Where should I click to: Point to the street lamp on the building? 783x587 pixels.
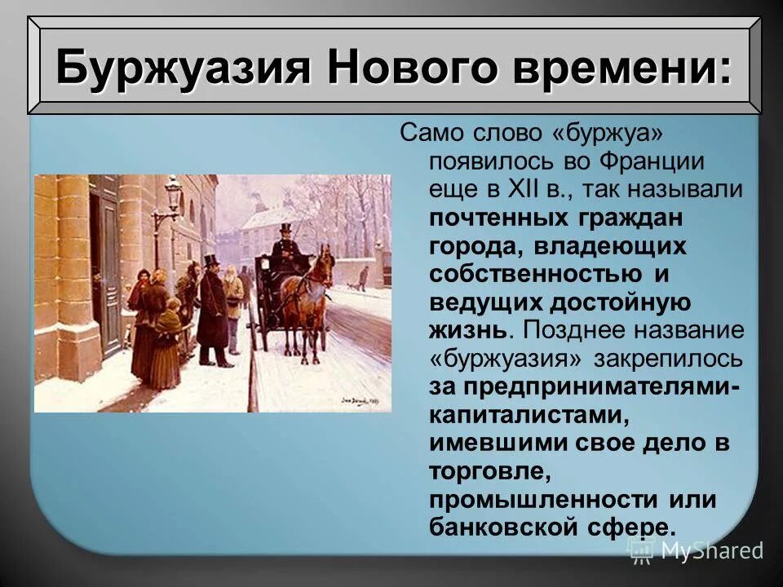[173, 196]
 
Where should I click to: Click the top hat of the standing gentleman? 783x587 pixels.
[211, 261]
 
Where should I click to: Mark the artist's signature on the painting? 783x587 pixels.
[359, 400]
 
